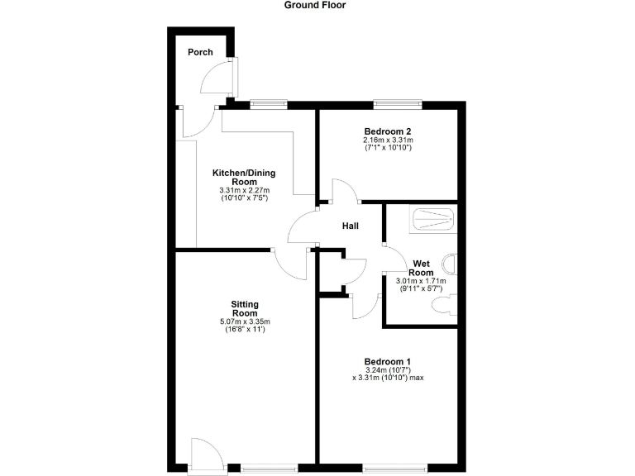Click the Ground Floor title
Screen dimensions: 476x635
pos(315,5)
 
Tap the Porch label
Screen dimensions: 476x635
pos(200,52)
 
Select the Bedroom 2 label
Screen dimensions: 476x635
pos(388,131)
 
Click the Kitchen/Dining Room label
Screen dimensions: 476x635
pos(244,177)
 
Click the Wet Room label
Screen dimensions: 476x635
pos(422,268)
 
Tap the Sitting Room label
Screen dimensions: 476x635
pos(245,309)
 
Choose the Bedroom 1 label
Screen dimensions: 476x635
pos(388,361)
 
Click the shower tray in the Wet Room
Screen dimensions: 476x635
pos(433,219)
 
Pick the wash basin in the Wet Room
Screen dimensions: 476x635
pos(451,264)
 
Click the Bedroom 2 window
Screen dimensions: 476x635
pos(398,104)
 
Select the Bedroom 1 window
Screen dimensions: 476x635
pos(396,469)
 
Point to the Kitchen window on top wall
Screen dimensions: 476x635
pos(268,104)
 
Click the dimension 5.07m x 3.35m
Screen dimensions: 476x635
pos(245,321)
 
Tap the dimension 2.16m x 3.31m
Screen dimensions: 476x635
pos(388,140)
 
